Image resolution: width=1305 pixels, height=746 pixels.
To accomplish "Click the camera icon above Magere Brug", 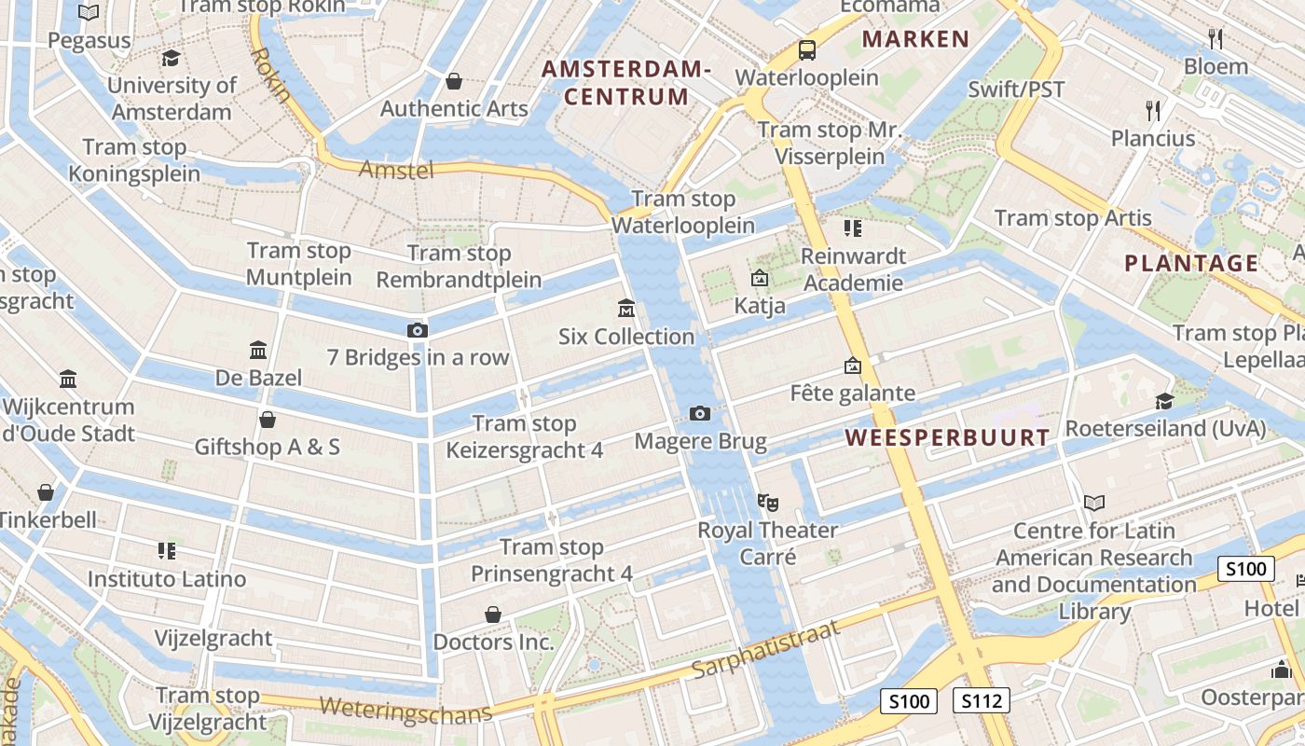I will pos(699,413).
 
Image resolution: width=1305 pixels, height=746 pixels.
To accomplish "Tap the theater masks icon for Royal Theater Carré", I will pos(768,503).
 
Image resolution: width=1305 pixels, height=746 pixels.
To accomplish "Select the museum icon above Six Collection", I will pos(625,308).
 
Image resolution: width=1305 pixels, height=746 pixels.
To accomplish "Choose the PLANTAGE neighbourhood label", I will pos(1191,263).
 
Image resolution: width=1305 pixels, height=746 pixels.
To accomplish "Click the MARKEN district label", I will pos(915,39).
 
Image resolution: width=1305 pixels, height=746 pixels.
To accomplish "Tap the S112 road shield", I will pos(982,700).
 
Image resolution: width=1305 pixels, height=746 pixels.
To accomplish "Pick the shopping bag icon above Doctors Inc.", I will pos(492,615).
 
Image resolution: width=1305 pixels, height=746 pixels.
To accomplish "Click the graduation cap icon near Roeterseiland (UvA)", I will pos(1164,401).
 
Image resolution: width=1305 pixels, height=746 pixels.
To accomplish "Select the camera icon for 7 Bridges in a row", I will pos(418,330).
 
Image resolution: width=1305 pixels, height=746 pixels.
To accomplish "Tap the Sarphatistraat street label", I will pos(766,649).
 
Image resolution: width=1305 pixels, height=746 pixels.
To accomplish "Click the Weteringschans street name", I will pos(405,710).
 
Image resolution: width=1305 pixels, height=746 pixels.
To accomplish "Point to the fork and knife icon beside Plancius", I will pos(1153,111).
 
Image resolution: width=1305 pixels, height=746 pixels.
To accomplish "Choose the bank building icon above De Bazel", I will pos(258,351).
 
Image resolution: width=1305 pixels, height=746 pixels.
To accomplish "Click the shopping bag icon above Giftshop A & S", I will pos(268,420).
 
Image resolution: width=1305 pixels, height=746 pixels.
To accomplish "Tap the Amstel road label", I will pos(396,170).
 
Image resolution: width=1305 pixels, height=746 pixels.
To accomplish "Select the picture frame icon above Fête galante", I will pos(852,366).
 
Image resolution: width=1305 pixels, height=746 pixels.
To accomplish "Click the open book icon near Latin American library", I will pos(1094,504).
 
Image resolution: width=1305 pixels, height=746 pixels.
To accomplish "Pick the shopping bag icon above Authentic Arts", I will pos(454,81).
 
